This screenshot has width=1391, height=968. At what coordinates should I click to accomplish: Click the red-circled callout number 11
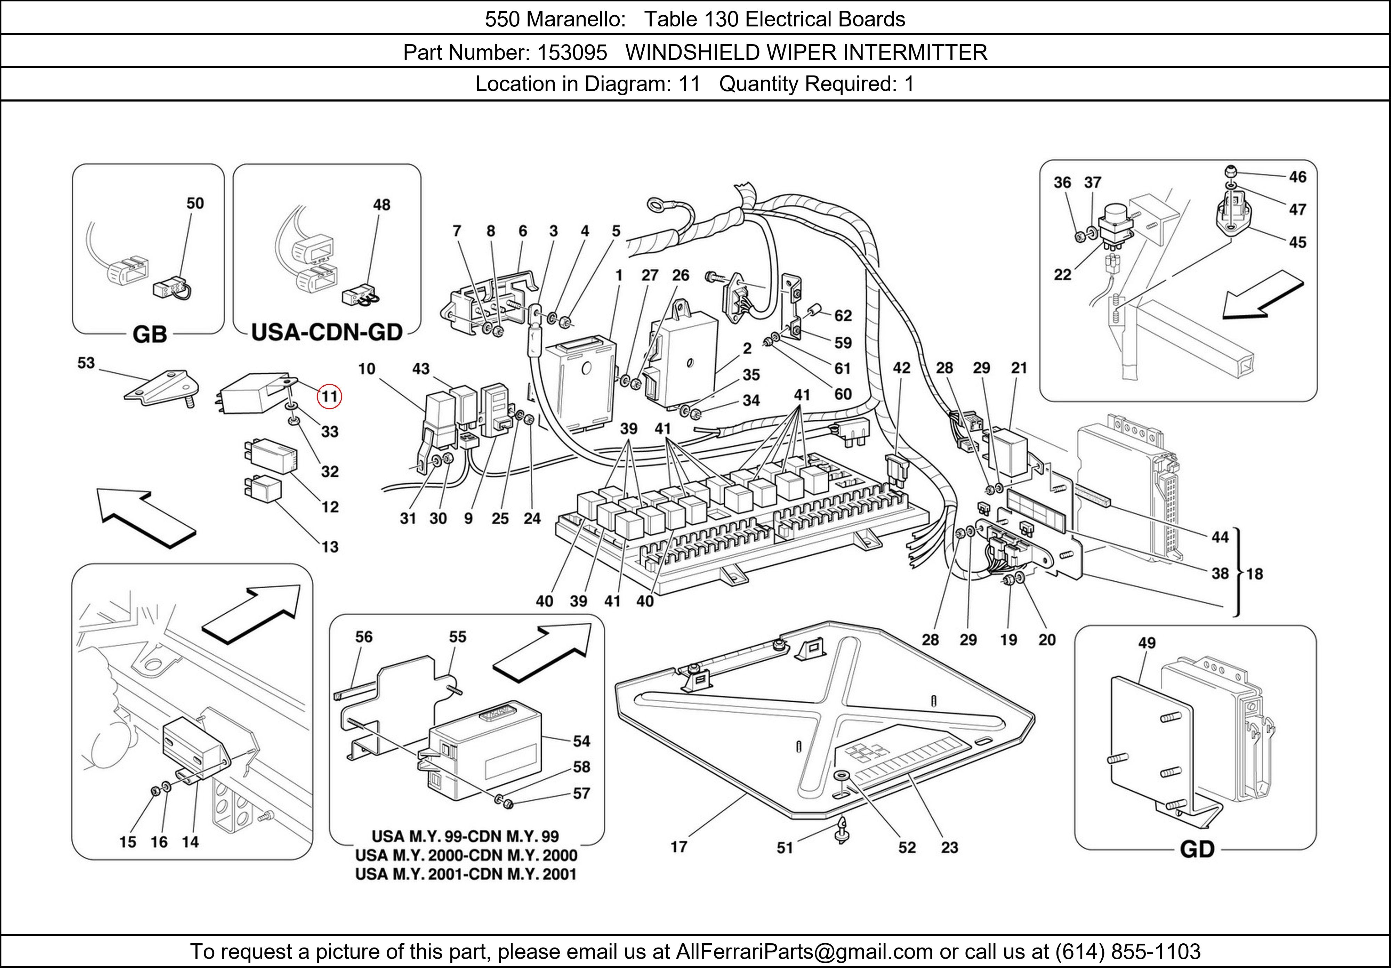(330, 397)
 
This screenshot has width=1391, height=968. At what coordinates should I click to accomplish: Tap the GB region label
(150, 334)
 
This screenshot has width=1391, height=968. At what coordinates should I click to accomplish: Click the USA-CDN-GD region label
(327, 332)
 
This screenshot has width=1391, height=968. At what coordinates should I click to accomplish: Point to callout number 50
(194, 203)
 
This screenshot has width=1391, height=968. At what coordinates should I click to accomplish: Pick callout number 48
(381, 205)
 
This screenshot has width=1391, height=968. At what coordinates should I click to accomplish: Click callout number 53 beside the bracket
(86, 363)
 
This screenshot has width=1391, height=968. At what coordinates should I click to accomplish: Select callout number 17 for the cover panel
(678, 847)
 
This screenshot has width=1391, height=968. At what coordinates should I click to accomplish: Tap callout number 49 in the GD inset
(1146, 643)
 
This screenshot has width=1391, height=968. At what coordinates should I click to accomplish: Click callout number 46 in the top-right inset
(1297, 177)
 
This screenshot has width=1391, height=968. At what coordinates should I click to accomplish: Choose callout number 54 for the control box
(581, 741)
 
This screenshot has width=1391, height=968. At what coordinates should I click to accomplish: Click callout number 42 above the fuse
(901, 368)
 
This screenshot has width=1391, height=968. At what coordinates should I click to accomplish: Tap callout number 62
(843, 316)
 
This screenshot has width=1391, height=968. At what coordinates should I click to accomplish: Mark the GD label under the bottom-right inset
(1197, 849)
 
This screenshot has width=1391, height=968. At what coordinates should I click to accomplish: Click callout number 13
(330, 547)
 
